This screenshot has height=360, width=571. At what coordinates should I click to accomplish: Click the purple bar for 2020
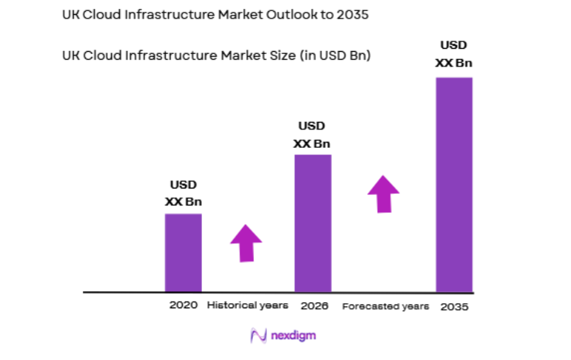pos(183,252)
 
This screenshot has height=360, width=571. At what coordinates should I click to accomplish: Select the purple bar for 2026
pos(313,223)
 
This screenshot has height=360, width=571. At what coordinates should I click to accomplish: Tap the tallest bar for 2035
pos(453,184)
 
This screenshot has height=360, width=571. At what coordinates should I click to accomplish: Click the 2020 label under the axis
pos(183,305)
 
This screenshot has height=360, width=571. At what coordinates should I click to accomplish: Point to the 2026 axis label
pos(314,305)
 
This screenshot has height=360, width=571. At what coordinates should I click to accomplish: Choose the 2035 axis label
pos(453,306)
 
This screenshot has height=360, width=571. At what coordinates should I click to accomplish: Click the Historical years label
pos(247,305)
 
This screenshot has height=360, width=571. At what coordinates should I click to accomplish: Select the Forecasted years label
pos(385,306)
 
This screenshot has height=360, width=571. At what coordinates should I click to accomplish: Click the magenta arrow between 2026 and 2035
pos(383,194)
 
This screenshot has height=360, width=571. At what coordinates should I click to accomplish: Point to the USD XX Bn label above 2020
pos(183,193)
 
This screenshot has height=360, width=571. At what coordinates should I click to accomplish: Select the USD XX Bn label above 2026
pos(312,135)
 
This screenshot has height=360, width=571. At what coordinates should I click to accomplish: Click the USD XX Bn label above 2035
pos(453,54)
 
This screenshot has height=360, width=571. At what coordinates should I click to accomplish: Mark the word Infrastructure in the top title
pos(146,15)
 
